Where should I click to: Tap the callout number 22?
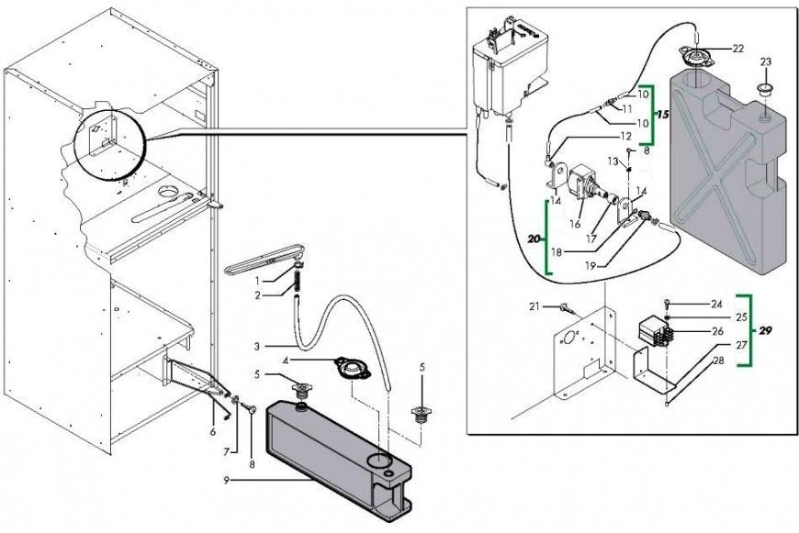737,48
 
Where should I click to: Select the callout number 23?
766,61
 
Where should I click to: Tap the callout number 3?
259,346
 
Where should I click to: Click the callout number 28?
715,360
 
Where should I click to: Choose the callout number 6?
213,431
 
